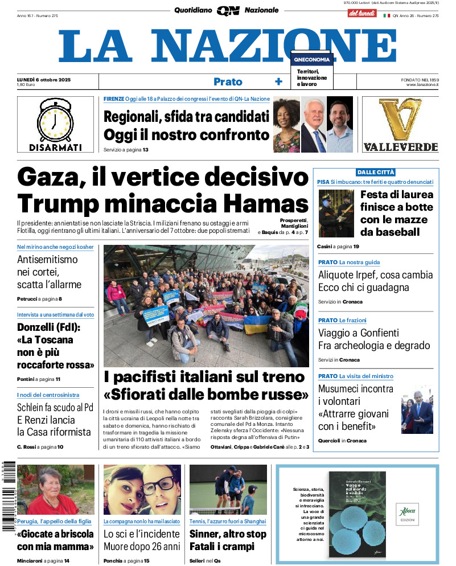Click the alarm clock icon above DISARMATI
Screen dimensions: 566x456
coord(55,120)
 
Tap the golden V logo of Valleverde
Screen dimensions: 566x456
coord(401,120)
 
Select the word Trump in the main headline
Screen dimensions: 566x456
coord(56,204)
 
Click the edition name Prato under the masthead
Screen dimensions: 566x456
coord(228,82)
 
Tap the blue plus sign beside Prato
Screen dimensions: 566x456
coord(278,82)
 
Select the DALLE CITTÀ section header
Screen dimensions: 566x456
coord(376,172)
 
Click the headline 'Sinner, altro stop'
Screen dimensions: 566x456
coord(228,534)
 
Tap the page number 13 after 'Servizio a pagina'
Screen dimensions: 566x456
coord(146,150)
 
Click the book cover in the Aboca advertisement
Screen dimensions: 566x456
coord(357,514)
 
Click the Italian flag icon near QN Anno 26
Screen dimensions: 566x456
coord(387,16)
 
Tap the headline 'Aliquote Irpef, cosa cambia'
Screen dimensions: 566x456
coord(375,274)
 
